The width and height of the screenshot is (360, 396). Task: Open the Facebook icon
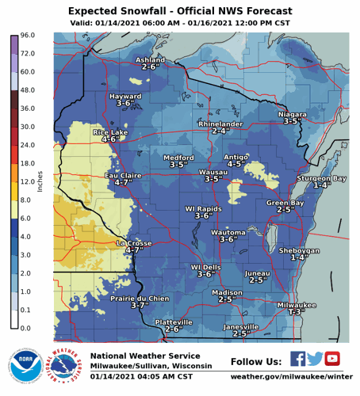[297, 359]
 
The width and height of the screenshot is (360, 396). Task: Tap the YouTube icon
[332, 359]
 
